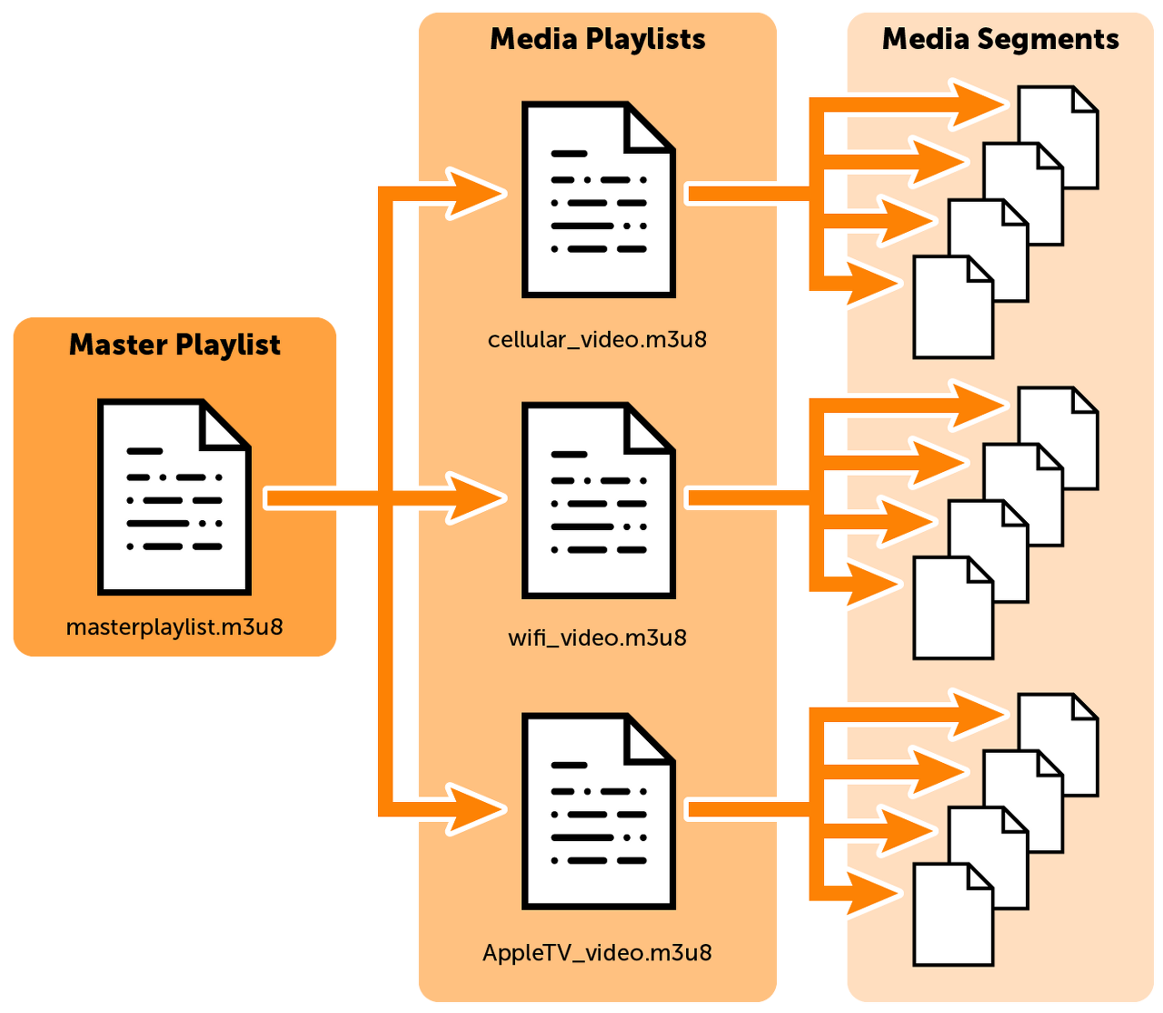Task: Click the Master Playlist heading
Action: pyautogui.click(x=174, y=346)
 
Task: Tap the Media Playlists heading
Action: pyautogui.click(x=597, y=39)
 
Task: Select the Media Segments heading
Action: pyautogui.click(x=1000, y=39)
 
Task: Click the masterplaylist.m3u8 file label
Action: pyautogui.click(x=174, y=627)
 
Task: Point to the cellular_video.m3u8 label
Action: pyautogui.click(x=597, y=340)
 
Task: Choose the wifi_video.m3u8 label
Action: pyautogui.click(x=597, y=637)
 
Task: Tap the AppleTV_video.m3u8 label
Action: pyautogui.click(x=597, y=953)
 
